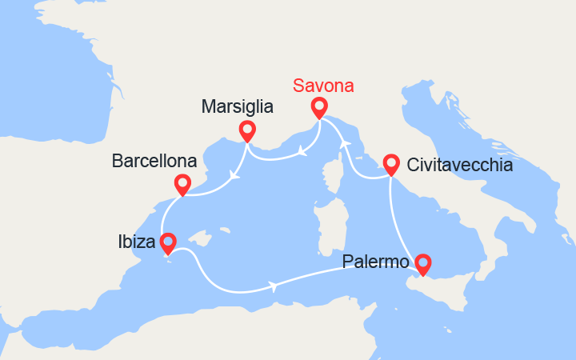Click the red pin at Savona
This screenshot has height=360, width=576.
[x=319, y=107]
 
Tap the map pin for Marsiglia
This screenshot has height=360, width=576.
[x=247, y=130]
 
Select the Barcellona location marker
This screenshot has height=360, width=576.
[x=182, y=185]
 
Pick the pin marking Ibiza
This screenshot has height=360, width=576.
[x=168, y=242]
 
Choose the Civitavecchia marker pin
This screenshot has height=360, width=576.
[x=390, y=164]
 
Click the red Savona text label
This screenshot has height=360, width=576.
[x=323, y=85]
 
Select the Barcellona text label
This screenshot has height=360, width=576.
[x=153, y=162]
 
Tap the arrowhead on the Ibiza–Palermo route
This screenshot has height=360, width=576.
[x=275, y=286]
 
